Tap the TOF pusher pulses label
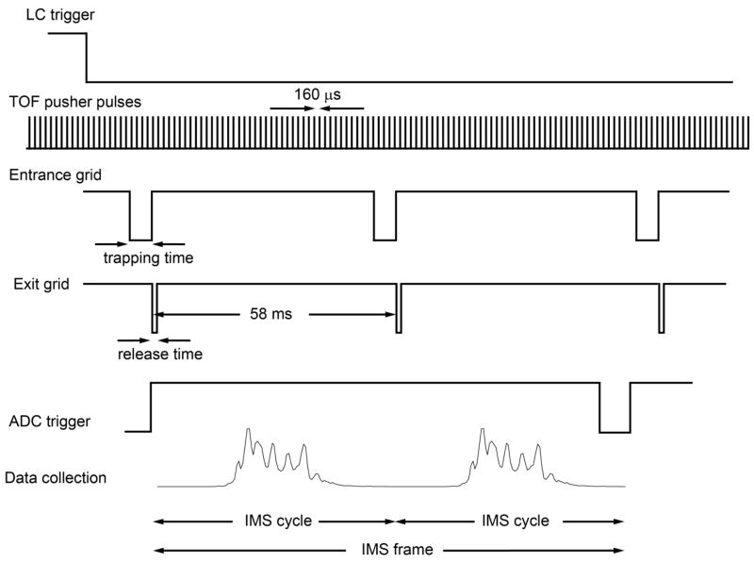(75, 101)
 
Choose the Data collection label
(56, 478)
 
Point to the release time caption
(159, 355)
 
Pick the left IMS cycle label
(274, 521)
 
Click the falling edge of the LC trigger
(87, 57)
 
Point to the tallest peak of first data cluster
(247, 431)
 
